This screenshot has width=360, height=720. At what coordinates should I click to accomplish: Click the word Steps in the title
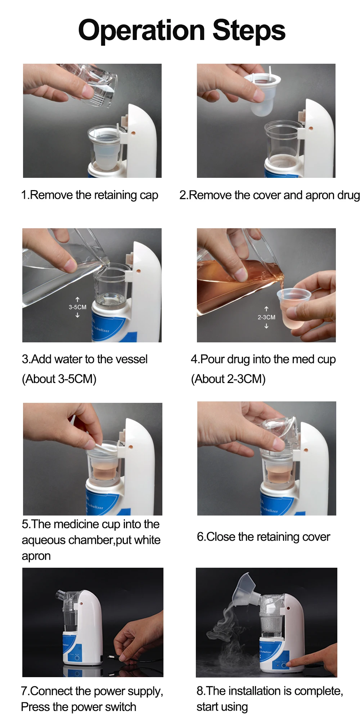[x=249, y=31]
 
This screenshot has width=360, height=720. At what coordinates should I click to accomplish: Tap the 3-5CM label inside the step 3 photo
[x=77, y=307]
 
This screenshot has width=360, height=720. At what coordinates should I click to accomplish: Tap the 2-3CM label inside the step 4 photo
[x=266, y=317]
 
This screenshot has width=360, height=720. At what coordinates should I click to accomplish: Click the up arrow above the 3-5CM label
[x=77, y=299]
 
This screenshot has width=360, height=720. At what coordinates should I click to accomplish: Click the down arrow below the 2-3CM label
[x=266, y=326]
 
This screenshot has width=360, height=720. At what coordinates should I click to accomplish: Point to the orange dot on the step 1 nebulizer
[x=133, y=133]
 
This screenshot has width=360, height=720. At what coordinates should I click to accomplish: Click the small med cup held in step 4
[x=293, y=308]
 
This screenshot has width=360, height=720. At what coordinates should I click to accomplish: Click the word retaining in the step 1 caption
[x=115, y=195]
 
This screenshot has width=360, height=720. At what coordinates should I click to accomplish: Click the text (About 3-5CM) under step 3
[x=59, y=379]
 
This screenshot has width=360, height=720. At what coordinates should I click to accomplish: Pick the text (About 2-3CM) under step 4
[x=228, y=379]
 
